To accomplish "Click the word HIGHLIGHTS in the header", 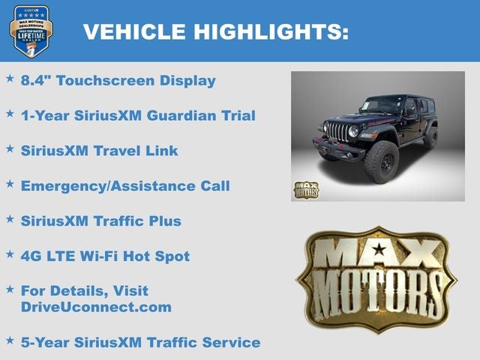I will point(271,31).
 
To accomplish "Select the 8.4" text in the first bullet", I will point(35,80).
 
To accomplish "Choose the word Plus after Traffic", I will point(164,220).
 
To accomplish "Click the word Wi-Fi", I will point(99,256).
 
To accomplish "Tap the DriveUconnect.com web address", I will point(96,307).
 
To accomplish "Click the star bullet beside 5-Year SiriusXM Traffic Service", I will point(10,340).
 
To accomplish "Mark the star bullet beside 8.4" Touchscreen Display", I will point(10,78).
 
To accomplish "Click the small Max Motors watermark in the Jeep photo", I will point(306,189).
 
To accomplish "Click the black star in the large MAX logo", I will point(379,249).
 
